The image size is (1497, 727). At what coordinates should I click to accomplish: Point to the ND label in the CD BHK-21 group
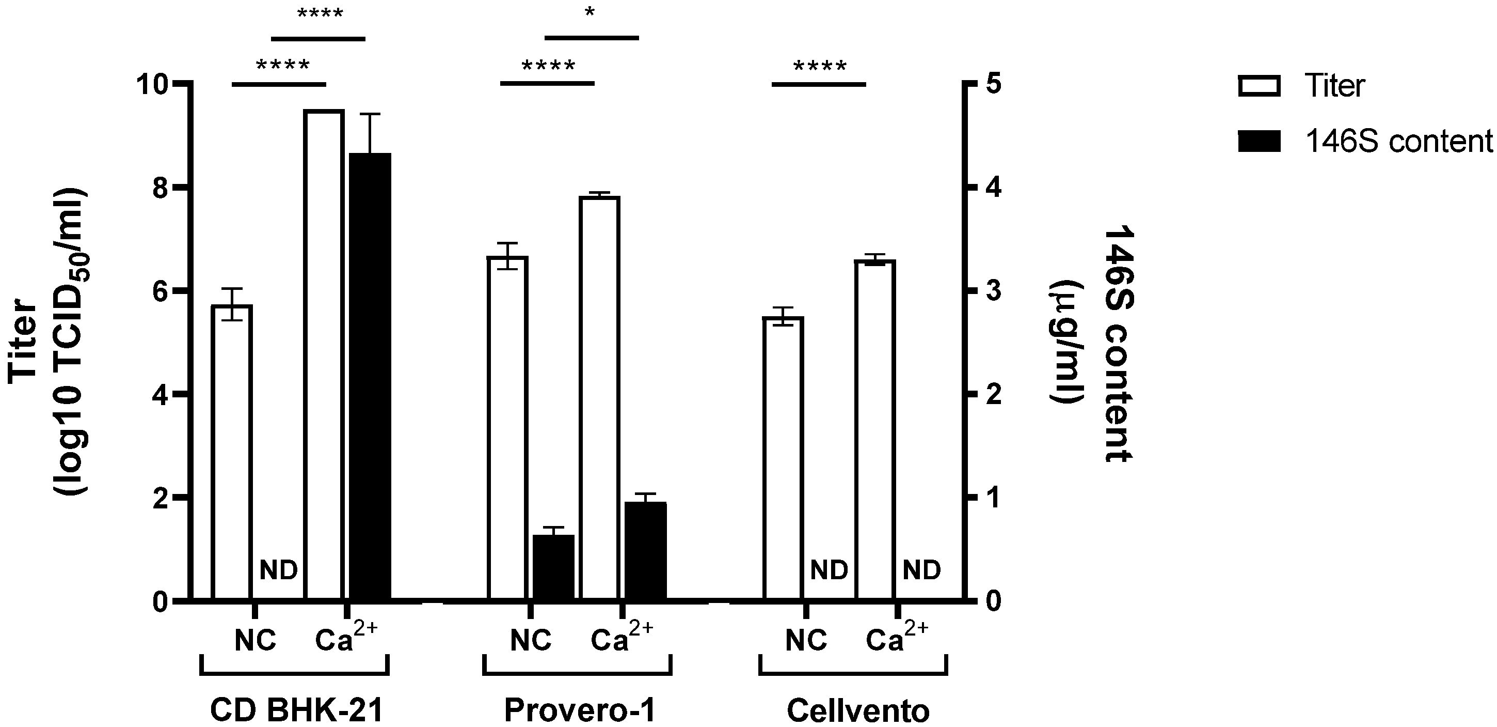[x=278, y=570]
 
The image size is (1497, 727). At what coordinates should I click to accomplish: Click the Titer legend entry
[x=1334, y=86]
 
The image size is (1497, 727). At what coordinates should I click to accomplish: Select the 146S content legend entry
[x=1397, y=142]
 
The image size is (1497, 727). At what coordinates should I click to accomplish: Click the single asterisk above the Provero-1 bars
[x=590, y=13]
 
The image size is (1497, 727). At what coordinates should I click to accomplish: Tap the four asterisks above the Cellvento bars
[x=820, y=66]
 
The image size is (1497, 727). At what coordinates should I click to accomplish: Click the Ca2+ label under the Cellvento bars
[x=896, y=638]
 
